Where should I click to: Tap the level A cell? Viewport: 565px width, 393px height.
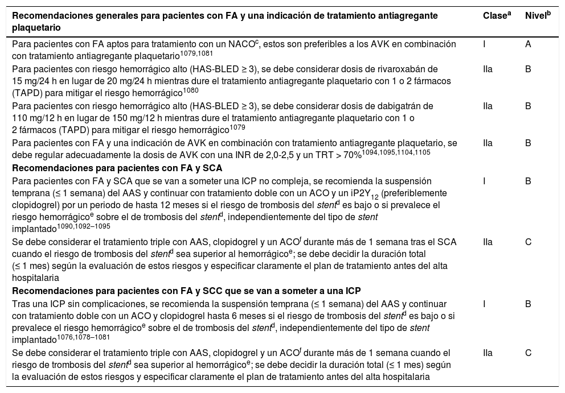point(528,44)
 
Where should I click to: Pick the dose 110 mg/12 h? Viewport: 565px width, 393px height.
point(35,118)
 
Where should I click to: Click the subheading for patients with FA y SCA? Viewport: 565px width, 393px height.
point(117,168)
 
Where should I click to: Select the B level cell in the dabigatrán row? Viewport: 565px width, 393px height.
point(528,106)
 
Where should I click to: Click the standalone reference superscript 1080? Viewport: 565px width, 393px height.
point(191,90)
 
